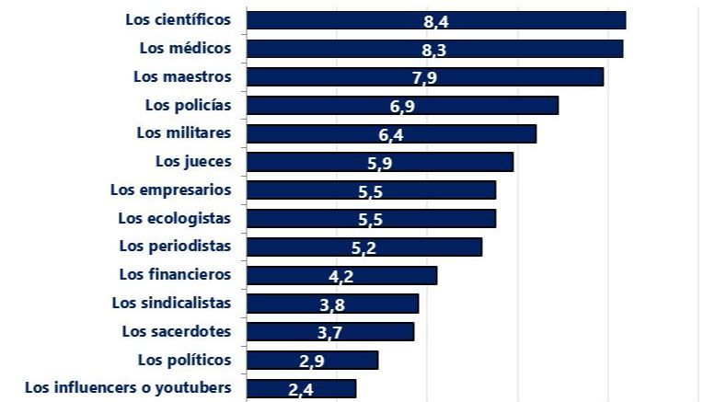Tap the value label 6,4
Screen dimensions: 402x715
click(x=391, y=134)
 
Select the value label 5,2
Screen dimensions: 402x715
click(x=364, y=247)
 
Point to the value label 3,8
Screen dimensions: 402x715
click(x=332, y=304)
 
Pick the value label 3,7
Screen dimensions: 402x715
click(x=330, y=333)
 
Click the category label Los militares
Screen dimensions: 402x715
click(x=183, y=132)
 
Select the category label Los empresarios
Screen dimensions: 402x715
click(x=170, y=190)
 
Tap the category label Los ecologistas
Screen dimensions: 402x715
click(x=175, y=218)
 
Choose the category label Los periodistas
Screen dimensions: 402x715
click(x=175, y=246)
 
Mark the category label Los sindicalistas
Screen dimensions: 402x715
click(x=171, y=302)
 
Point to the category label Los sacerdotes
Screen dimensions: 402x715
click(x=177, y=330)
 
